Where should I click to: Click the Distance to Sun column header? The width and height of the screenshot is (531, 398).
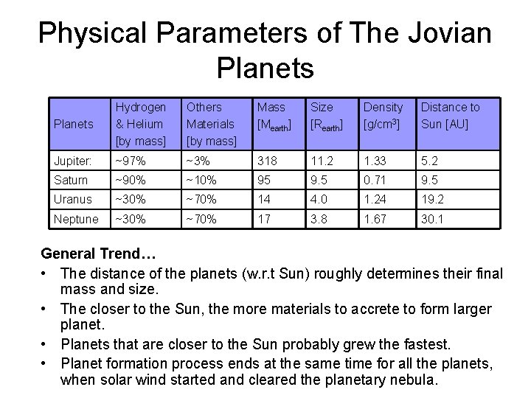tap(450, 115)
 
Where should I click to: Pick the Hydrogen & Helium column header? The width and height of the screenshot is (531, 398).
tap(141, 123)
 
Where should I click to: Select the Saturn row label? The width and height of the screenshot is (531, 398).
tap(71, 180)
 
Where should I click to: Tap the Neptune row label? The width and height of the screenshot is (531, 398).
tap(75, 219)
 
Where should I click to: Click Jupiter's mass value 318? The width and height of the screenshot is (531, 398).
tap(266, 161)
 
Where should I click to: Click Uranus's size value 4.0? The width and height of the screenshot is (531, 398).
tap(319, 199)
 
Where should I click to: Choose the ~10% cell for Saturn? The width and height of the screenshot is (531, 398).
tap(202, 180)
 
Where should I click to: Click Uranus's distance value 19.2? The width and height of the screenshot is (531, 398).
tap(432, 199)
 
